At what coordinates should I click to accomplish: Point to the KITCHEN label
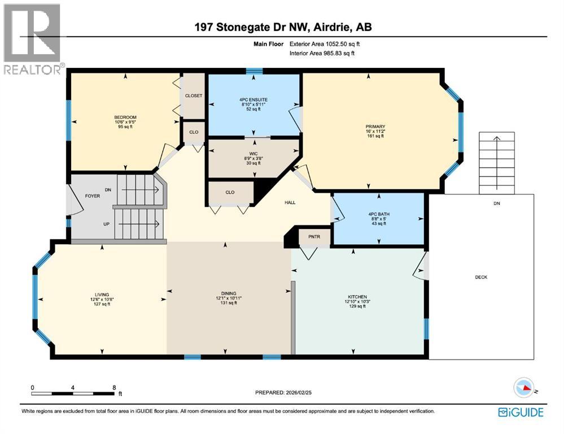(x=358, y=297)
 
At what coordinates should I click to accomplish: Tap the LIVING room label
(x=102, y=294)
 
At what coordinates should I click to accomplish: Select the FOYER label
(x=93, y=197)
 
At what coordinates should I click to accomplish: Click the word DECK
(x=480, y=277)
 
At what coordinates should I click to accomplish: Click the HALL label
(x=290, y=202)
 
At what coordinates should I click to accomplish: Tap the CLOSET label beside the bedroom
(x=194, y=96)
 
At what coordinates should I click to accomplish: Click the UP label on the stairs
(x=106, y=224)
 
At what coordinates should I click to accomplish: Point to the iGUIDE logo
(x=521, y=413)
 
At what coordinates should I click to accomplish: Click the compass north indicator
(x=525, y=388)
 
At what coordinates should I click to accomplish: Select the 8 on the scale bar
(x=114, y=388)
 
